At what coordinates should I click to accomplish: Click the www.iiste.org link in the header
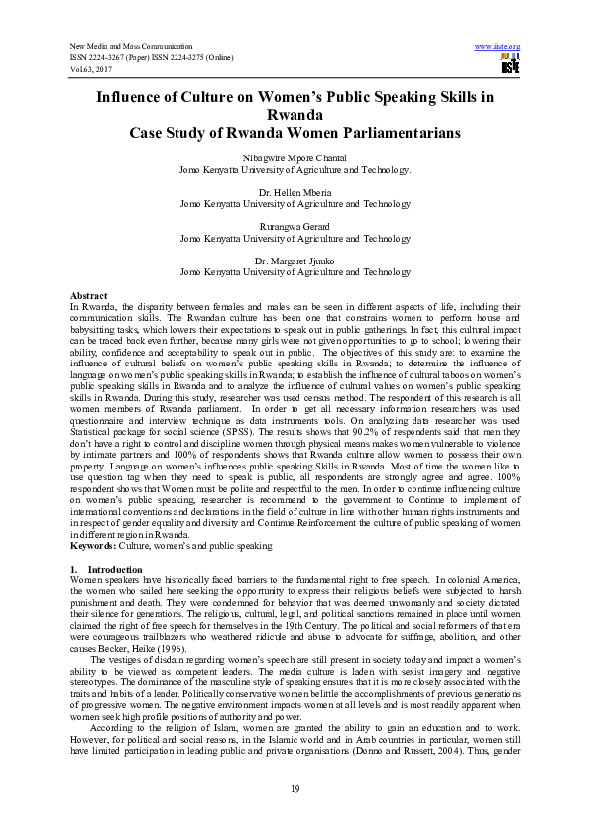(498, 47)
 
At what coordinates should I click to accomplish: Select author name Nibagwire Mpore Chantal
(295, 159)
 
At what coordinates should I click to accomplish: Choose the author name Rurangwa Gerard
(295, 227)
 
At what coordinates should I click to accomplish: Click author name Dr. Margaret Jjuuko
(295, 261)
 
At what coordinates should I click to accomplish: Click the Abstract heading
(89, 296)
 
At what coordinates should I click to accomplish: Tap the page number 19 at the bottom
(295, 788)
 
